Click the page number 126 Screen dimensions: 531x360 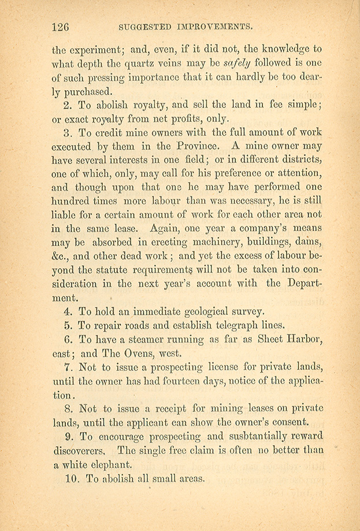point(60,27)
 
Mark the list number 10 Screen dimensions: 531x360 point(75,479)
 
